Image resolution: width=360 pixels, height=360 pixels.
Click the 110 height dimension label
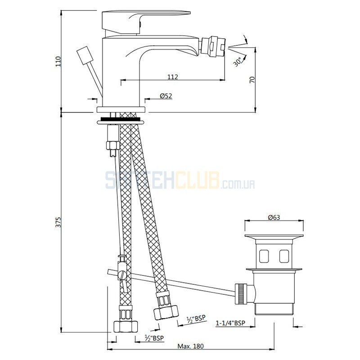58,61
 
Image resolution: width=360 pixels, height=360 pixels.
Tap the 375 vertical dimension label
59,222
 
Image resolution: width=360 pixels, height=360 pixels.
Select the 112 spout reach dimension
172,76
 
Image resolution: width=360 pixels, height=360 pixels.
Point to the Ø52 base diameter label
166,96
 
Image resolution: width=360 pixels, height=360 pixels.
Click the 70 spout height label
252,80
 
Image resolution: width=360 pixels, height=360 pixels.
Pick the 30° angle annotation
238,62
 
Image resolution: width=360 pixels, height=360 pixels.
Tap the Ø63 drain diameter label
274,217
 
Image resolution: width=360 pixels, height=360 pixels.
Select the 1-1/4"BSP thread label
230,323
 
